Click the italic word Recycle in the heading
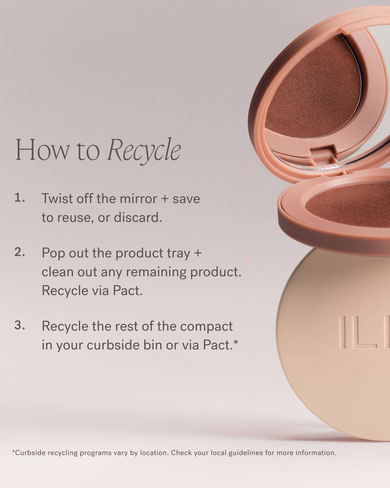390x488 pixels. point(144,150)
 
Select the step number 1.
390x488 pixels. point(19,198)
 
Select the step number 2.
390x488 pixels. point(19,252)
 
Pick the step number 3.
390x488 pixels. point(19,325)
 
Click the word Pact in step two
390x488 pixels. point(127,290)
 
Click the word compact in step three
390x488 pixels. point(206,326)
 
